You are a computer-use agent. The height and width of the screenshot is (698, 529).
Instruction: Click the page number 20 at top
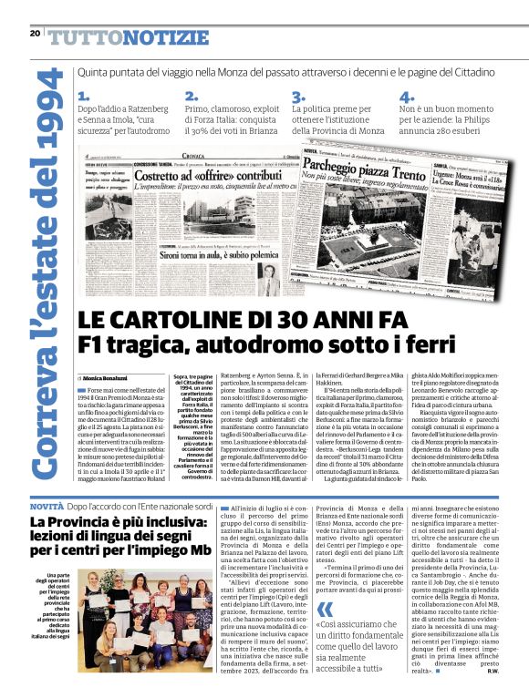(x=35, y=34)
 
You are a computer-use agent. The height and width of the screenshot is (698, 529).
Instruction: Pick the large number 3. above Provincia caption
(x=297, y=97)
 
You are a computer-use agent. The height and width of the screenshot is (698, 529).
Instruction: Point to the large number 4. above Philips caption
(x=405, y=97)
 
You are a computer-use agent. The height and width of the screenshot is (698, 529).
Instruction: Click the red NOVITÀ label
(x=47, y=505)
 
